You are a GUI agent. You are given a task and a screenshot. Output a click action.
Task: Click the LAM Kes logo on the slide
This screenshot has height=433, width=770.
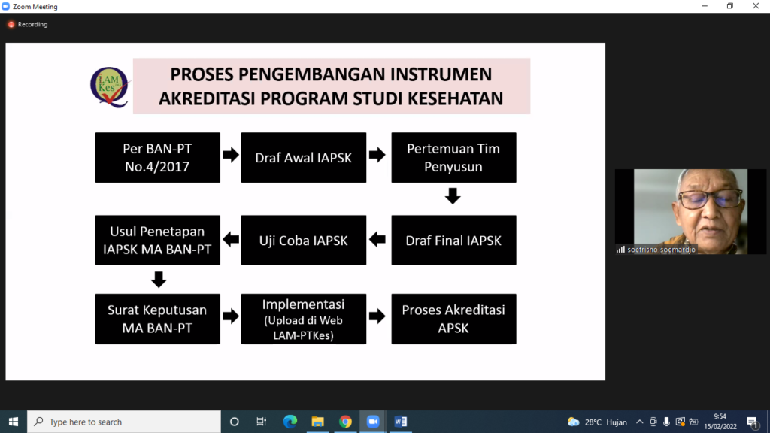pos(110,87)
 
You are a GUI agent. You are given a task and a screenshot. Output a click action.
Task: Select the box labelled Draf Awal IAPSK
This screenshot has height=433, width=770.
pos(304,158)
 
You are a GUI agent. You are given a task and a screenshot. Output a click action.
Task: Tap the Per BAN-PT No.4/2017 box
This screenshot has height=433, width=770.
pos(158,158)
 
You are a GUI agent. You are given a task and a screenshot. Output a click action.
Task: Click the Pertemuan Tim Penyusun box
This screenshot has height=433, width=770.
pos(453,158)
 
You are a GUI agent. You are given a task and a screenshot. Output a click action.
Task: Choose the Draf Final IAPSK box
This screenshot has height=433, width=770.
pos(453,240)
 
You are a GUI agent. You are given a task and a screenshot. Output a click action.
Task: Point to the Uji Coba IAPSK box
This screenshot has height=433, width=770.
pos(304,240)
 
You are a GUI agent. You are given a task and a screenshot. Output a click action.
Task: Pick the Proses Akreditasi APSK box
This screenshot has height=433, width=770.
pos(453,319)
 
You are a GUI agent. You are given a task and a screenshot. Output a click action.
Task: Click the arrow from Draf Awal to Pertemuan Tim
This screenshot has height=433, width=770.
pos(377,155)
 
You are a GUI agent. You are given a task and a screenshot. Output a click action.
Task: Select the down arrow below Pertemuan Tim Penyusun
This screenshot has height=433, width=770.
pos(453,195)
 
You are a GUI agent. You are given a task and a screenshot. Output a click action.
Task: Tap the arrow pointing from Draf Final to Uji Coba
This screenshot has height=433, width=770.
pos(377,240)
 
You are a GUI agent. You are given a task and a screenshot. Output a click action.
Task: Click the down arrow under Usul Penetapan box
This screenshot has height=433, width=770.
pos(158,280)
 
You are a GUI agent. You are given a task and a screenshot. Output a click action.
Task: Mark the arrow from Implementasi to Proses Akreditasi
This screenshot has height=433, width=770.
pos(377,316)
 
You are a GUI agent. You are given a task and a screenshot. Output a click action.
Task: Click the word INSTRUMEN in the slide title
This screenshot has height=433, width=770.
pos(441,74)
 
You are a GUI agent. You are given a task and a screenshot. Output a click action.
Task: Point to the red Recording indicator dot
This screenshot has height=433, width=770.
pos(11,24)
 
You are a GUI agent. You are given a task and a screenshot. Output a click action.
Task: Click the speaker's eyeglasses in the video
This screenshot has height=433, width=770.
pos(711,199)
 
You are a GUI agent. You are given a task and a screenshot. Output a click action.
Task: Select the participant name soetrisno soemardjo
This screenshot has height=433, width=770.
pos(661,250)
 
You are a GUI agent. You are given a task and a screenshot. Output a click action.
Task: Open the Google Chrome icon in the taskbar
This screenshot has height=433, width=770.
pos(345,422)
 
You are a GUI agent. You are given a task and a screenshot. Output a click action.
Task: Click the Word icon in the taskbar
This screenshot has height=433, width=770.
pos(400,422)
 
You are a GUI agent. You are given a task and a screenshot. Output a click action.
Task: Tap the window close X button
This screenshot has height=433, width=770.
pos(756,6)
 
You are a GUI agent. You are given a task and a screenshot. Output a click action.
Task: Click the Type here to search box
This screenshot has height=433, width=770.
pos(124,422)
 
